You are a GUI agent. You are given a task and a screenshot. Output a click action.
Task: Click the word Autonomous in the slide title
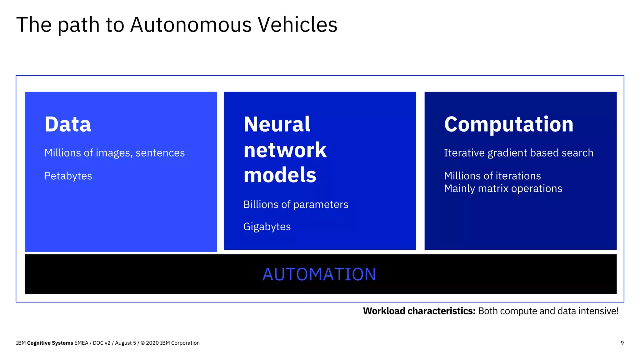[191, 25]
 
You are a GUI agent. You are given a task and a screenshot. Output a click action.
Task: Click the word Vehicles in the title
[297, 25]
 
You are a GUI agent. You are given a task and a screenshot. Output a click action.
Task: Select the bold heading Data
[67, 124]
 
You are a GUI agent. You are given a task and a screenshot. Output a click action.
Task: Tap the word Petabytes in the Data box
[68, 176]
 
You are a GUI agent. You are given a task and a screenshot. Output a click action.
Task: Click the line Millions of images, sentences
[114, 153]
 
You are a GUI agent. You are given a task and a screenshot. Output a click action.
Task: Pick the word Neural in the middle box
[277, 124]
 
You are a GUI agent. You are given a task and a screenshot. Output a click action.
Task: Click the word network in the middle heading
[285, 150]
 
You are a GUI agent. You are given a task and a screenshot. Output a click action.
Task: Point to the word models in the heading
[280, 175]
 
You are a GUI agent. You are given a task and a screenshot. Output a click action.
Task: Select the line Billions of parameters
[296, 204]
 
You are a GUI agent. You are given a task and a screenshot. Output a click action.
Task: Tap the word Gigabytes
[267, 227]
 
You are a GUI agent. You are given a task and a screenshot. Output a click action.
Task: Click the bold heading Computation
[509, 124]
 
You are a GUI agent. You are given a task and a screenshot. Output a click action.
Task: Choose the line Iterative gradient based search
[518, 153]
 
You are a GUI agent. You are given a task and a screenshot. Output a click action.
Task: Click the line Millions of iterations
[492, 176]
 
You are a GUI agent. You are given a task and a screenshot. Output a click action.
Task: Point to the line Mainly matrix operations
[503, 188]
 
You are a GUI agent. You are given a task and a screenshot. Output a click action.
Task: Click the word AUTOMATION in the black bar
[319, 274]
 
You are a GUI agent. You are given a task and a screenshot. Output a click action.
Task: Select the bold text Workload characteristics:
[419, 311]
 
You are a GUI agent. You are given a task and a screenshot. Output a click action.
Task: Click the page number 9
[622, 343]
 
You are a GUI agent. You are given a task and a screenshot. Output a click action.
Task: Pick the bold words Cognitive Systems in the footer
[50, 343]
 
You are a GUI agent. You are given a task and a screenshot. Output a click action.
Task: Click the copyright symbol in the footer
[143, 343]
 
